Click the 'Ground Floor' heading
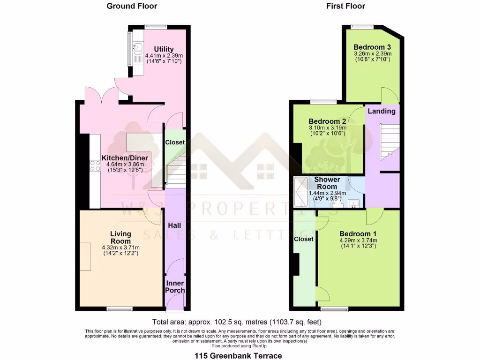point(132,6)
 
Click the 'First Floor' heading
point(345,6)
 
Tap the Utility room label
point(164,49)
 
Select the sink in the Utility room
point(138,47)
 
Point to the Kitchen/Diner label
point(125,158)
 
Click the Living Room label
point(120,237)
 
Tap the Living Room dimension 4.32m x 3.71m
point(120,247)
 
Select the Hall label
point(174,225)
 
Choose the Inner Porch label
point(175,287)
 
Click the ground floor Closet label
point(175,142)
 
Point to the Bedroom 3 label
point(372,47)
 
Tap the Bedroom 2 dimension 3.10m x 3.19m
point(327,128)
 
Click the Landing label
point(381,111)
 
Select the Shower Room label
point(327,183)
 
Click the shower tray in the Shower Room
point(300,192)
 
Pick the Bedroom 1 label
point(358,234)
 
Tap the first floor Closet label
point(303,239)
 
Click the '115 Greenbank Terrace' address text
point(238,356)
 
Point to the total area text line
point(237,322)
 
